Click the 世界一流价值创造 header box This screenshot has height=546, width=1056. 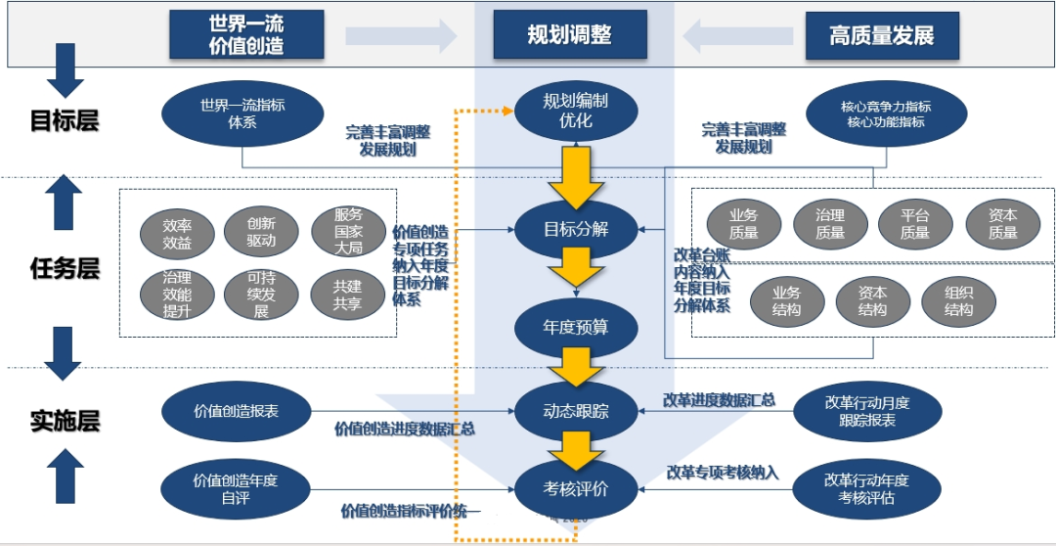pyautogui.click(x=246, y=35)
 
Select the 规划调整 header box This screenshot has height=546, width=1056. pyautogui.click(x=569, y=35)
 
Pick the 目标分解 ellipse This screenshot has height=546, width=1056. pyautogui.click(x=576, y=230)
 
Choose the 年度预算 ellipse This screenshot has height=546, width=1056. pyautogui.click(x=576, y=326)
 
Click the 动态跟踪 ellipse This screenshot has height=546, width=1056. pyautogui.click(x=576, y=411)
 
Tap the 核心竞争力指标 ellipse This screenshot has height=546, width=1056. pyautogui.click(x=885, y=114)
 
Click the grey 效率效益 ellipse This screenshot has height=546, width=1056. pyautogui.click(x=177, y=231)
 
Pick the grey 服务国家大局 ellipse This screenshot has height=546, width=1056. pyautogui.click(x=348, y=231)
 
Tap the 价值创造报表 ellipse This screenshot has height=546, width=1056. pyautogui.click(x=236, y=412)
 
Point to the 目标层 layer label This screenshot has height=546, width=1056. pyautogui.click(x=65, y=120)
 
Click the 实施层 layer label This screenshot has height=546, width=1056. pyautogui.click(x=65, y=422)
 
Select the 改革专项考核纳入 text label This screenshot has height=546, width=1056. pyautogui.click(x=723, y=473)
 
